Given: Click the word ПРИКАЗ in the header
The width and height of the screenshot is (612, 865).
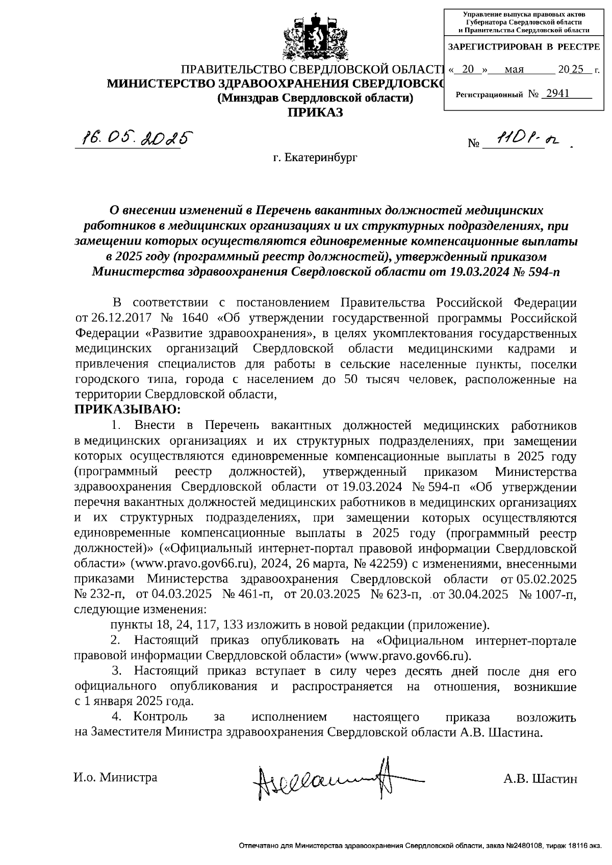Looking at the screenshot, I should tap(316, 113).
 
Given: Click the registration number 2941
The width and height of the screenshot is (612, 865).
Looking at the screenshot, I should tap(557, 94).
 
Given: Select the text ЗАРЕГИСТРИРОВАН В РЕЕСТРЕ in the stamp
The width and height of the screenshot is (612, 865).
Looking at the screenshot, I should tap(524, 47).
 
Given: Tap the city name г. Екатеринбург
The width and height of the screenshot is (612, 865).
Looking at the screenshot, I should tap(315, 158).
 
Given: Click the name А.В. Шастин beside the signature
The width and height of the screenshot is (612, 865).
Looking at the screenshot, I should tap(540, 779).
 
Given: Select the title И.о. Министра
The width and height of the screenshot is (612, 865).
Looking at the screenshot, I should tap(116, 777).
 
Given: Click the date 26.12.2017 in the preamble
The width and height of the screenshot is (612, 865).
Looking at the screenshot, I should tap(121, 318).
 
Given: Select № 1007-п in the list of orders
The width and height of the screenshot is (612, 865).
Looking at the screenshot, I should tap(547, 595).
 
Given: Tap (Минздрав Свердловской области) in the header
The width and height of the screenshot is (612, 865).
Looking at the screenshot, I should tap(315, 98).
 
